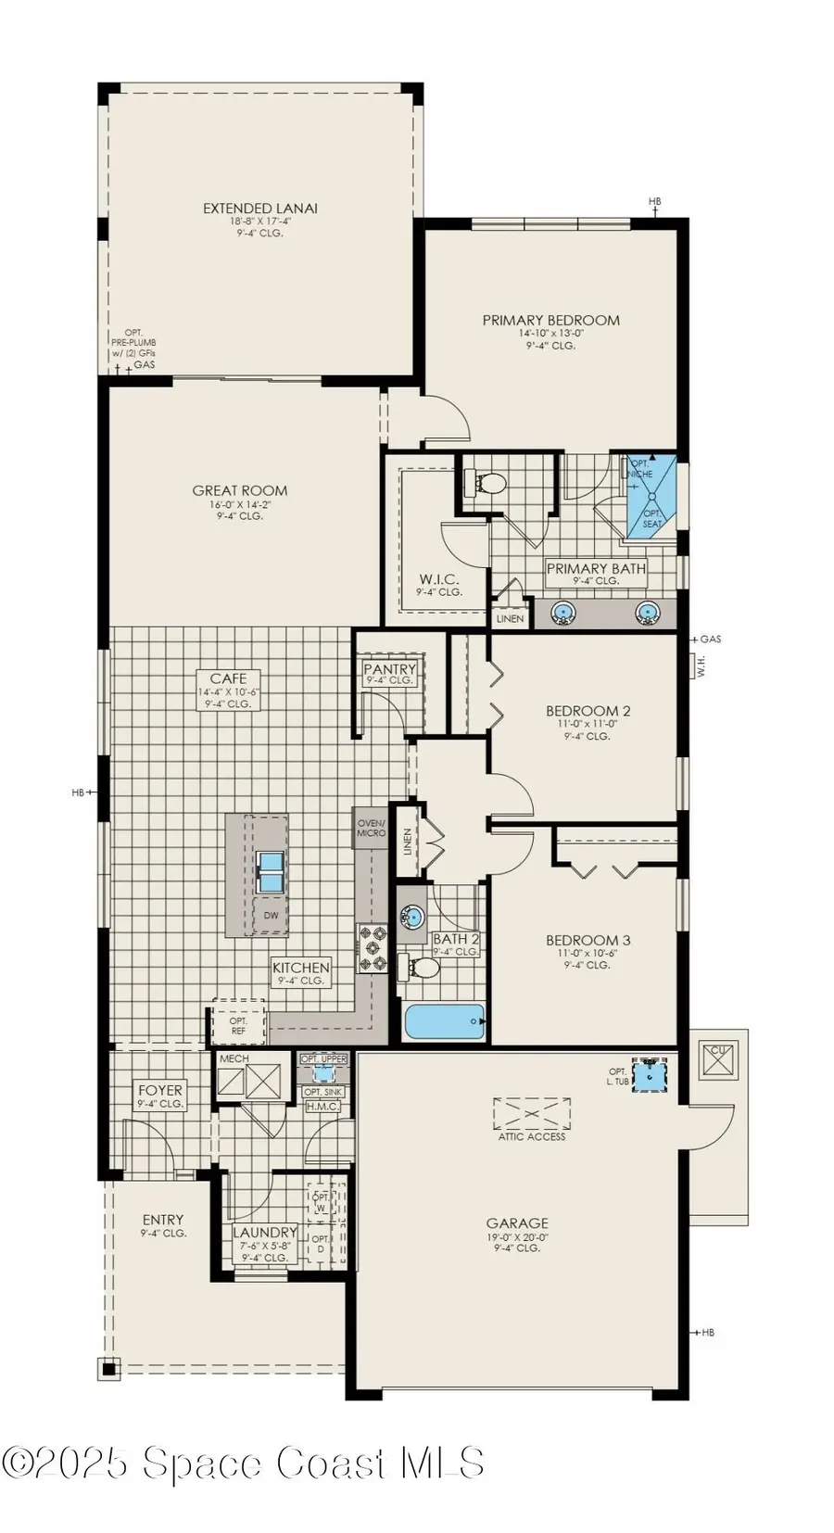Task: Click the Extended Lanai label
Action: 260,209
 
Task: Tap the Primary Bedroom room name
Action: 550,321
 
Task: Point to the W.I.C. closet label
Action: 438,579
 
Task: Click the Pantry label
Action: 389,669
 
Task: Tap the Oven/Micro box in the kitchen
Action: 371,827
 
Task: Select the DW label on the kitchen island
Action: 271,916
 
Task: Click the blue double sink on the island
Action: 271,872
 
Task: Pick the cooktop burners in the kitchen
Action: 373,948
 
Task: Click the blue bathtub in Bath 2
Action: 444,1022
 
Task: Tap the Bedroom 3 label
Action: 588,940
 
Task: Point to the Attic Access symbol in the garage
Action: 532,1114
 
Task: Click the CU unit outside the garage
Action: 719,1058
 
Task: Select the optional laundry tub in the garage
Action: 651,1076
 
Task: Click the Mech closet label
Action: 234,1058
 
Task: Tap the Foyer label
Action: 160,1090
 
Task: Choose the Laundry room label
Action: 264,1232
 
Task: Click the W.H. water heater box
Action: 701,665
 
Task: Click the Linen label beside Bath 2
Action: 407,841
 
